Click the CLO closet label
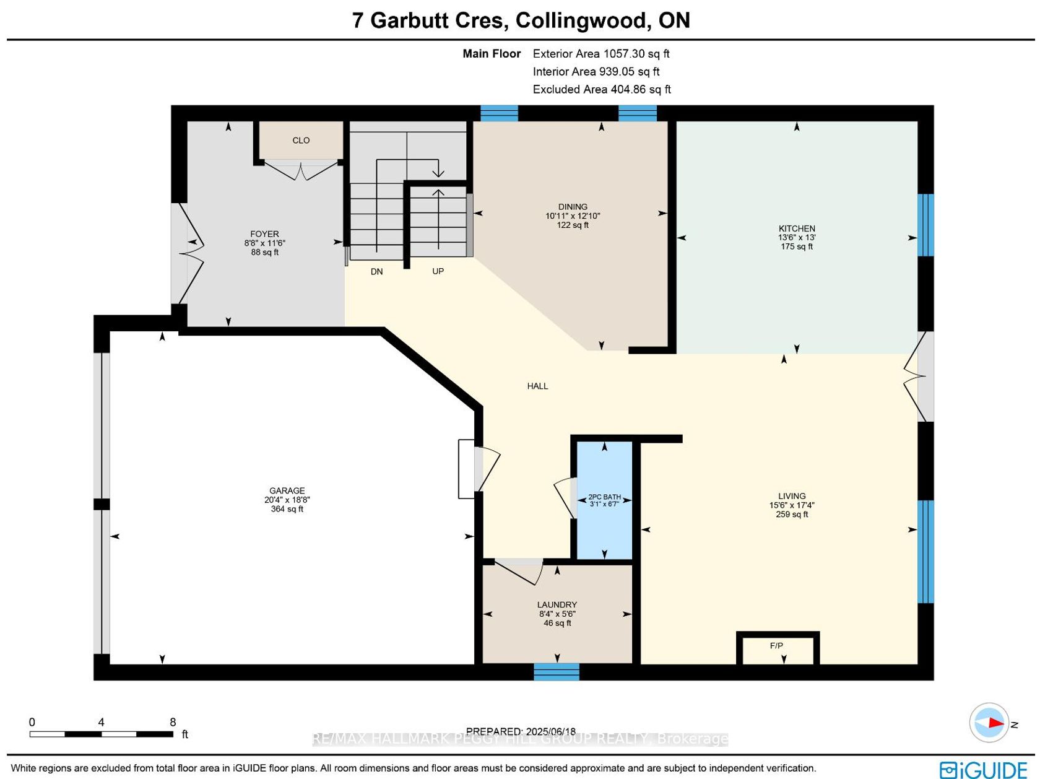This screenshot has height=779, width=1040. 301,141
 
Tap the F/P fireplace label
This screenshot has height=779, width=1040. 776,645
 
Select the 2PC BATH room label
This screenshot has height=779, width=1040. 604,497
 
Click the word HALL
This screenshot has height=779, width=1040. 537,386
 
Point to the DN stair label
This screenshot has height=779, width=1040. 376,271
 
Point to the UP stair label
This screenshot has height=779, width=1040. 438,271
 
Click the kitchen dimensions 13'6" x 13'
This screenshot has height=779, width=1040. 797,237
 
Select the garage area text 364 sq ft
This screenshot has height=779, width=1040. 287,509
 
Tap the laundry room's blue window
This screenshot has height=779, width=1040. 557,672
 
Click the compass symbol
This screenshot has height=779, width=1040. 989,723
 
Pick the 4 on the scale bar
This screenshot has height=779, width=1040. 101,722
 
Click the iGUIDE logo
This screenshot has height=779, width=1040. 983,770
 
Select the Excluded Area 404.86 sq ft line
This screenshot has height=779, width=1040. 602,89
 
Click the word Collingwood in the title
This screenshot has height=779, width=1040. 581,21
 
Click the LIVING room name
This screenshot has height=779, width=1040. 791,496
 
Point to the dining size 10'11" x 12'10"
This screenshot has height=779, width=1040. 573,215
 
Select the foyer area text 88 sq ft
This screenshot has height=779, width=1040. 265,252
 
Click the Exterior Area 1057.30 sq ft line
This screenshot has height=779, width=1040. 600,53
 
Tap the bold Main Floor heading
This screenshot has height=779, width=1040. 492,53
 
